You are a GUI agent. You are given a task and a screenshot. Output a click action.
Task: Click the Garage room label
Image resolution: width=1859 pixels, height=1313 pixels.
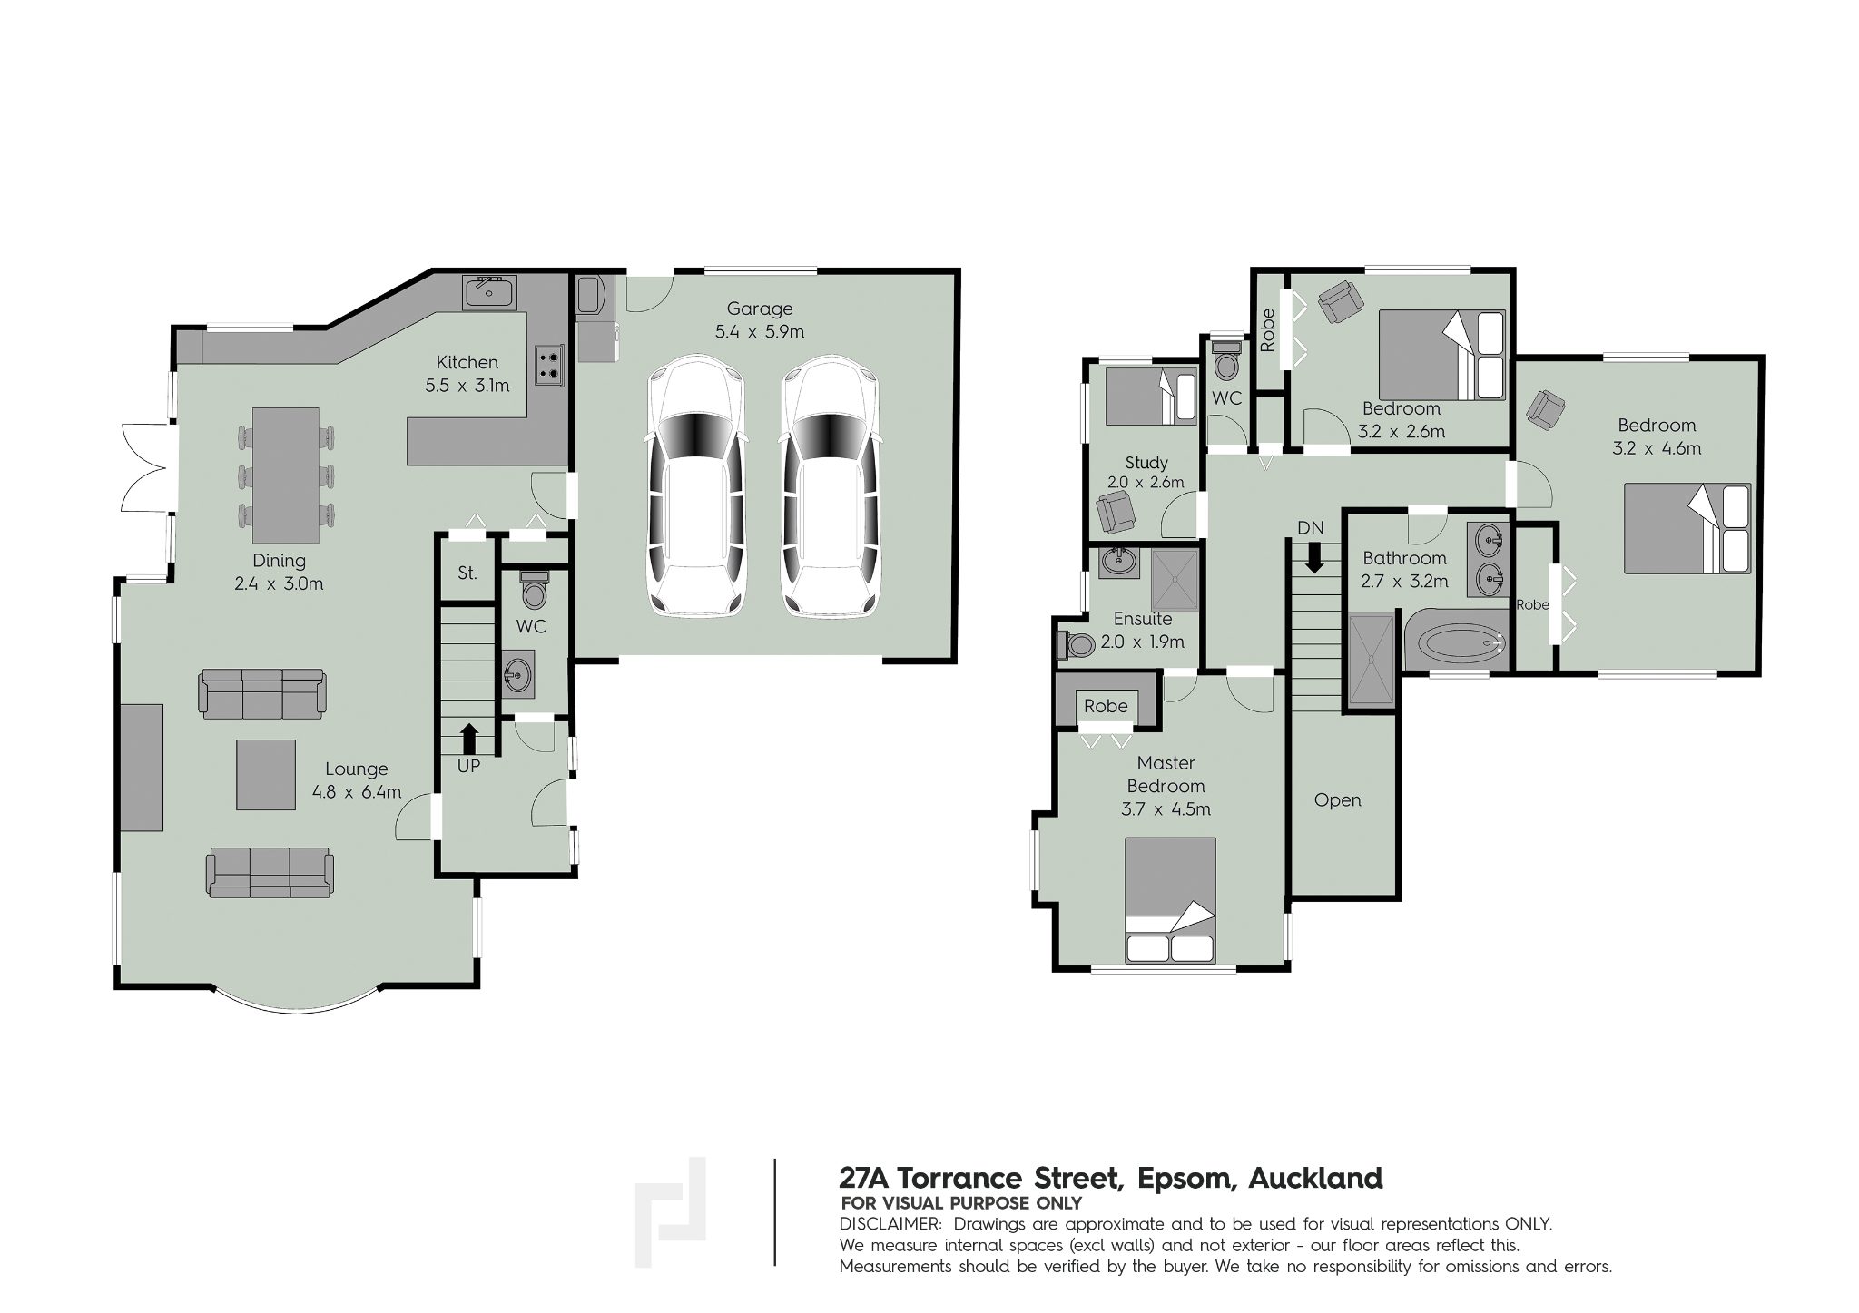pyautogui.click(x=760, y=309)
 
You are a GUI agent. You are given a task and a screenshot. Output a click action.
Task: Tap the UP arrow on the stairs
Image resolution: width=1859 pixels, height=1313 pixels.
pyautogui.click(x=468, y=738)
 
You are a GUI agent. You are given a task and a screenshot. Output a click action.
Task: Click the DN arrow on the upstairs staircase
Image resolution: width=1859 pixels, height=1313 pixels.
pyautogui.click(x=1313, y=556)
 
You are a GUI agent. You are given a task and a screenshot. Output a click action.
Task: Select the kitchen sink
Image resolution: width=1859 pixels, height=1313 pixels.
pyautogui.click(x=490, y=292)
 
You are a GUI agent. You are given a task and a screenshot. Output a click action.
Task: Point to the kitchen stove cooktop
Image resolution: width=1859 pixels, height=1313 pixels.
pyautogui.click(x=549, y=364)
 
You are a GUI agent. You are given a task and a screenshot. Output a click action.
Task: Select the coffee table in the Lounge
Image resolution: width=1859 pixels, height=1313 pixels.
pyautogui.click(x=266, y=774)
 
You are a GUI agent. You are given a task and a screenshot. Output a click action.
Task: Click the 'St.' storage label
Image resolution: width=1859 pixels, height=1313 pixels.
pyautogui.click(x=467, y=573)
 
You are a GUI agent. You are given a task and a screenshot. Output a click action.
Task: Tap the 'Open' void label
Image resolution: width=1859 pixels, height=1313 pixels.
pyautogui.click(x=1337, y=800)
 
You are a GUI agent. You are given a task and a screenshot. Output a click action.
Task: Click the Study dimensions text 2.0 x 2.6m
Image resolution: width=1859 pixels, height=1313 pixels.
pyautogui.click(x=1146, y=483)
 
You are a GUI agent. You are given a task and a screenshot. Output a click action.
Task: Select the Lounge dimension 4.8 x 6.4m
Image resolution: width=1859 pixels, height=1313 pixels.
pyautogui.click(x=357, y=792)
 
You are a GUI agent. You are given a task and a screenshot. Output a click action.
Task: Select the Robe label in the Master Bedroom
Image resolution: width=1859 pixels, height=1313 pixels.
pyautogui.click(x=1105, y=706)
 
